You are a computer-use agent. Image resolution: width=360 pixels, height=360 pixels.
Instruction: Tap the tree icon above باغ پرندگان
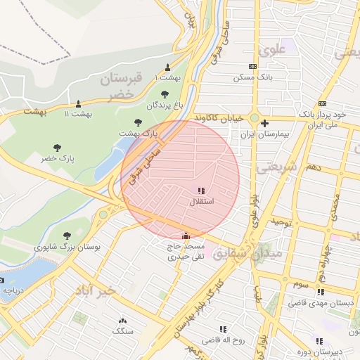pos(165,94)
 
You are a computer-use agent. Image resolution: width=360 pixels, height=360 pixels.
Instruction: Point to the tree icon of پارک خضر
pos(57,148)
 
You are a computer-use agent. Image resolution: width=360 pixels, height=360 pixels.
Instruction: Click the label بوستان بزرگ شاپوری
pos(67,247)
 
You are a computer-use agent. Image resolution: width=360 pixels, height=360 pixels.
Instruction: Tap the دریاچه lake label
pos(15,289)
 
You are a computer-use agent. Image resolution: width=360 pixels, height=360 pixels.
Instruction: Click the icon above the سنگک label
pos(123,319)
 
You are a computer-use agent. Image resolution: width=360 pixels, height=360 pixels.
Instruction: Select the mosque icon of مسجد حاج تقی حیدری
pos(186,236)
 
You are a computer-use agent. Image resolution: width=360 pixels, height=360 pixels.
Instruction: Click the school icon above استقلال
pos(202,191)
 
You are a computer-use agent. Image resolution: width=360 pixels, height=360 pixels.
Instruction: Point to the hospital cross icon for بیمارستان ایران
pos(264,123)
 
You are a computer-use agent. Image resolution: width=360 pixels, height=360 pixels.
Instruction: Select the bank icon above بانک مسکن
pos(253,65)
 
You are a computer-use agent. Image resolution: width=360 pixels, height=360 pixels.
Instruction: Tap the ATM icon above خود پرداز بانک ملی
pos(322,103)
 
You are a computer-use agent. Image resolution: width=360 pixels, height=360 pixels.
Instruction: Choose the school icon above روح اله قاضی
pos(223,329)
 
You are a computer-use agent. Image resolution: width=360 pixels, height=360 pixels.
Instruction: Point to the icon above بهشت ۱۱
pos(78,103)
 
